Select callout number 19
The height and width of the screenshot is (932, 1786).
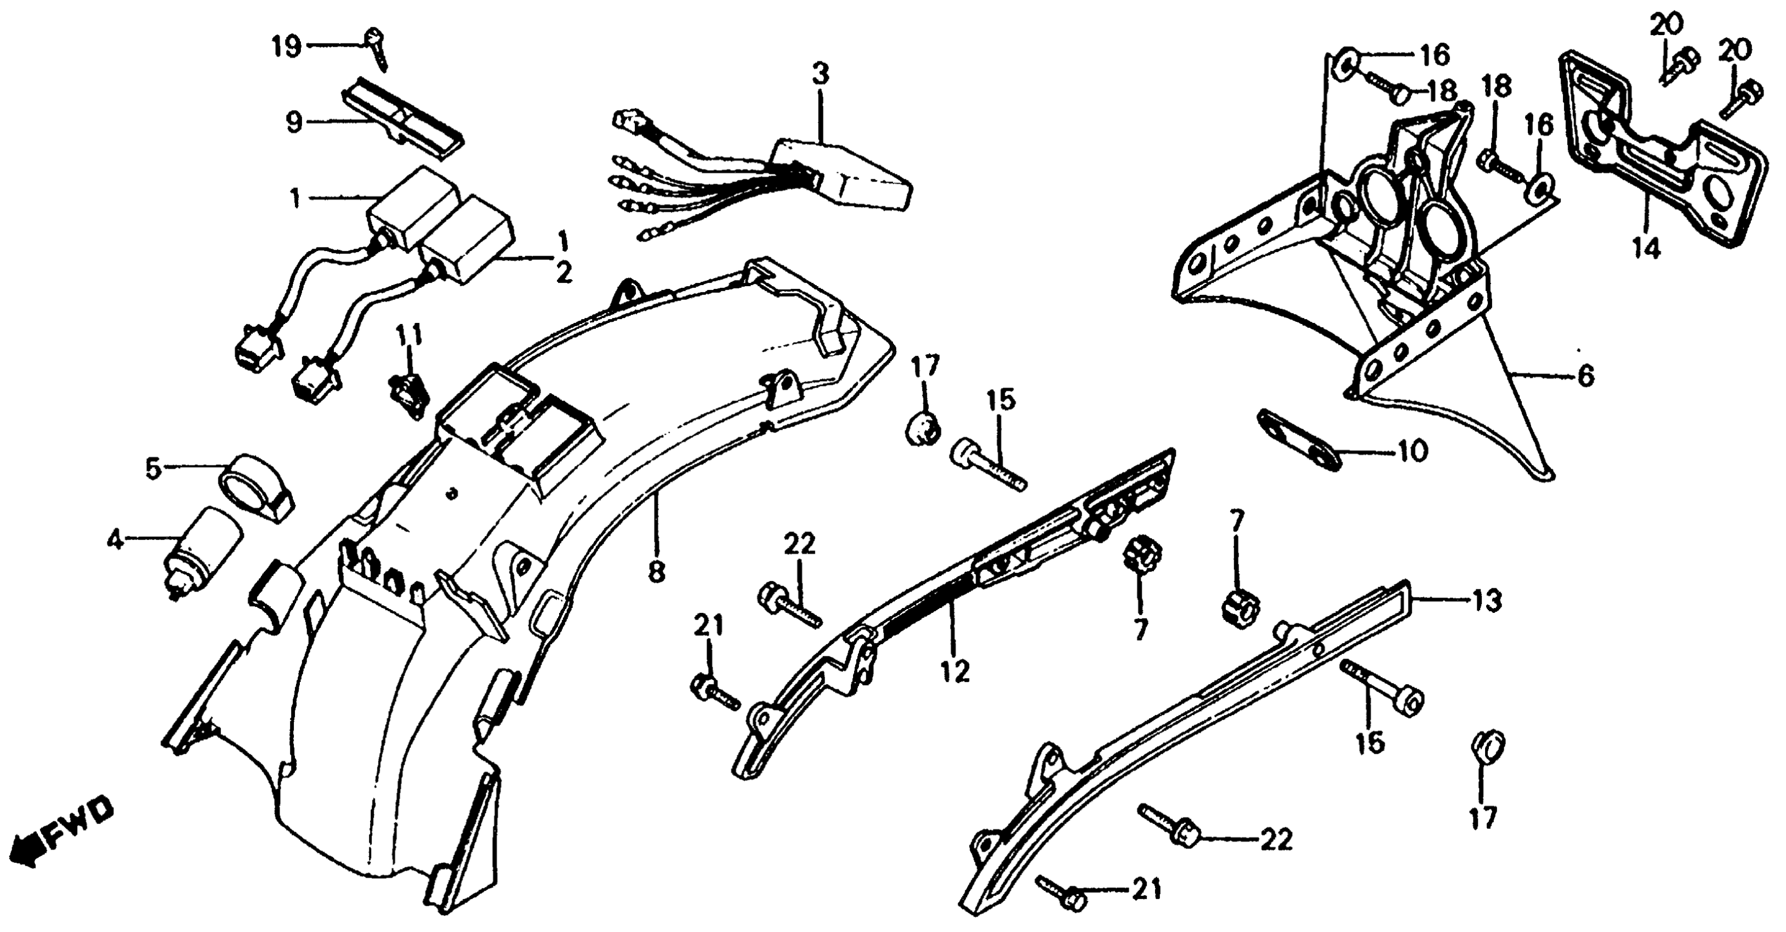tap(286, 47)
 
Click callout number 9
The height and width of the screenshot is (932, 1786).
tap(294, 123)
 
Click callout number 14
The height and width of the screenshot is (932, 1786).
tap(1647, 247)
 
